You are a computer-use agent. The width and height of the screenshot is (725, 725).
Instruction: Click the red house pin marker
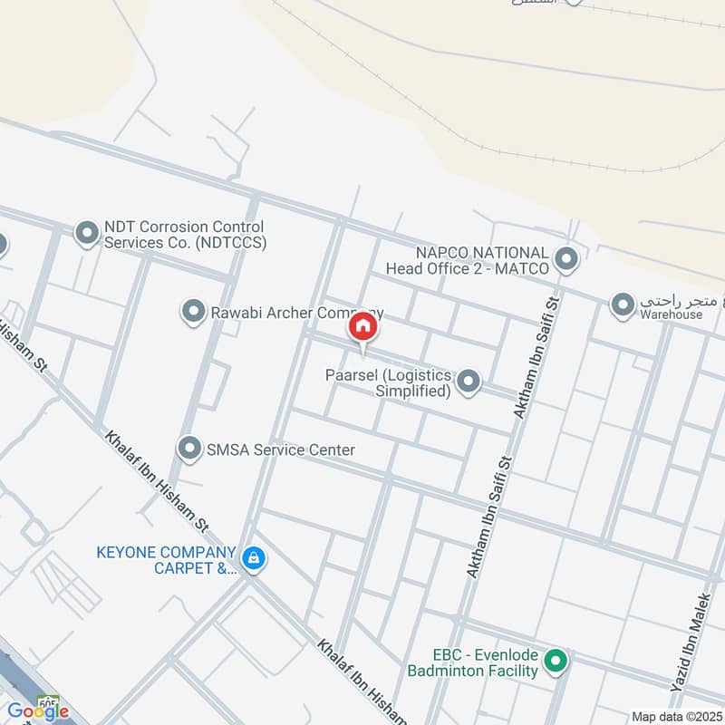click(x=362, y=327)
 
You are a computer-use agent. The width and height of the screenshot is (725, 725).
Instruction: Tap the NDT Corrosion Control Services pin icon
click(x=87, y=235)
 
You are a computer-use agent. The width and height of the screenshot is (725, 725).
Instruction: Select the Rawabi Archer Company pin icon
click(x=193, y=313)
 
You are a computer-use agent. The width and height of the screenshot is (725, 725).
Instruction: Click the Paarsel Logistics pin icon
click(x=468, y=382)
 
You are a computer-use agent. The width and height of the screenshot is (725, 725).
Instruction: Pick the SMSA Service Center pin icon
click(x=189, y=449)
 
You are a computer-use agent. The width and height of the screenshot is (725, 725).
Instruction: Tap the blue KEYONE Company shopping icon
click(x=255, y=558)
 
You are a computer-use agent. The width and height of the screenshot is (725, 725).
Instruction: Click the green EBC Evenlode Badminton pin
click(x=556, y=662)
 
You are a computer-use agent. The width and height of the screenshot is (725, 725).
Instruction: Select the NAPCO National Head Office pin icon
click(x=566, y=260)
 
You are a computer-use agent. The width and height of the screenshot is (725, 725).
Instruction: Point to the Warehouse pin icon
click(x=623, y=305)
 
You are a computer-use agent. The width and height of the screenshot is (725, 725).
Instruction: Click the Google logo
click(x=38, y=710)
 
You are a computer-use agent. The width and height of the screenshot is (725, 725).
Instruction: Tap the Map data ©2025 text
click(x=678, y=716)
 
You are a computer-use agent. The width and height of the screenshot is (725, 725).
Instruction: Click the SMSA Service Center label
click(x=282, y=449)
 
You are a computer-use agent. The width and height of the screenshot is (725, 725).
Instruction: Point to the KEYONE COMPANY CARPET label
click(x=167, y=560)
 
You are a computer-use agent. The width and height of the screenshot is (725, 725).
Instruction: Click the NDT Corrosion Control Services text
click(x=184, y=235)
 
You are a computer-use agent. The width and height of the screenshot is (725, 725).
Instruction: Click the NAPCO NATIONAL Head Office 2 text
click(x=469, y=260)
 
